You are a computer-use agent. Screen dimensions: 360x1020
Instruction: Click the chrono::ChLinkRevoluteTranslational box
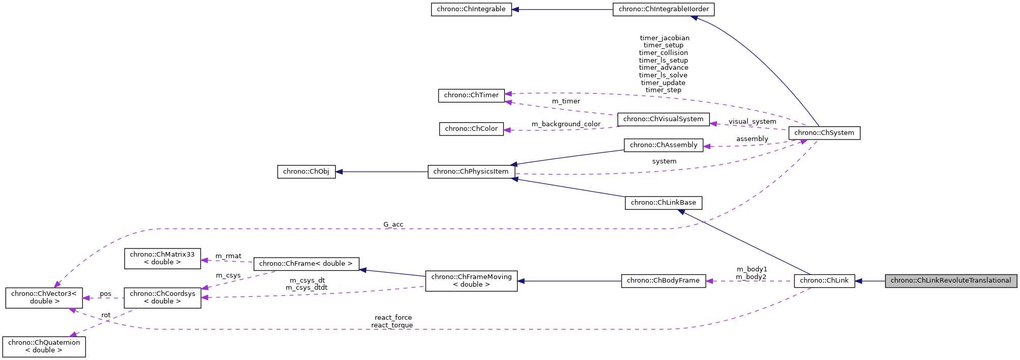click(950, 281)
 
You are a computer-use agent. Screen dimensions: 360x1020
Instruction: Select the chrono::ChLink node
click(824, 281)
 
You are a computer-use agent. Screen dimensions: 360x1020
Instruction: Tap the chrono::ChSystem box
click(824, 133)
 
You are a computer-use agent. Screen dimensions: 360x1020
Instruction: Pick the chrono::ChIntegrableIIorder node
click(664, 9)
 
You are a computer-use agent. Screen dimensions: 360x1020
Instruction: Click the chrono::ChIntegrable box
click(471, 9)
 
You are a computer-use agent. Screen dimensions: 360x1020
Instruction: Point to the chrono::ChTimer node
click(471, 95)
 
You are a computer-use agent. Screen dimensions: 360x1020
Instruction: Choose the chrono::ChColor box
click(471, 129)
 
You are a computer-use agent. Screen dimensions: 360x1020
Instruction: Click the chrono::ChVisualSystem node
click(663, 119)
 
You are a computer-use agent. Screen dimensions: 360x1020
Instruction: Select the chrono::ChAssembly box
click(664, 145)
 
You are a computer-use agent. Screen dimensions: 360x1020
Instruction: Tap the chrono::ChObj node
click(306, 172)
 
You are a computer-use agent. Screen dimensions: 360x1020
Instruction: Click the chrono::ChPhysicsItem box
click(471, 172)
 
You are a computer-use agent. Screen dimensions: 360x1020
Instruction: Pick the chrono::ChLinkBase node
click(664, 203)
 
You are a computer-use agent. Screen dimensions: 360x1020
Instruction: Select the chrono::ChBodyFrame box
click(663, 281)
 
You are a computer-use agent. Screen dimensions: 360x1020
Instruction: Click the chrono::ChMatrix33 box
click(162, 258)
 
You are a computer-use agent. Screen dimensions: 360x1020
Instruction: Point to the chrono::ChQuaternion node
click(44, 346)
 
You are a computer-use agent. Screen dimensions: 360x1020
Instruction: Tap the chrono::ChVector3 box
click(44, 297)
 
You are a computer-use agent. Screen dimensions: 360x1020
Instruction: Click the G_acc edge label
click(393, 225)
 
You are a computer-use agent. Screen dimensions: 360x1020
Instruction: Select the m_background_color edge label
click(566, 124)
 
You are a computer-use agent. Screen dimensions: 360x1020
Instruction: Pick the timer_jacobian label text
click(665, 38)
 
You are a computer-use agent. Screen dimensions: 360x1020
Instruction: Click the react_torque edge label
click(392, 325)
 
